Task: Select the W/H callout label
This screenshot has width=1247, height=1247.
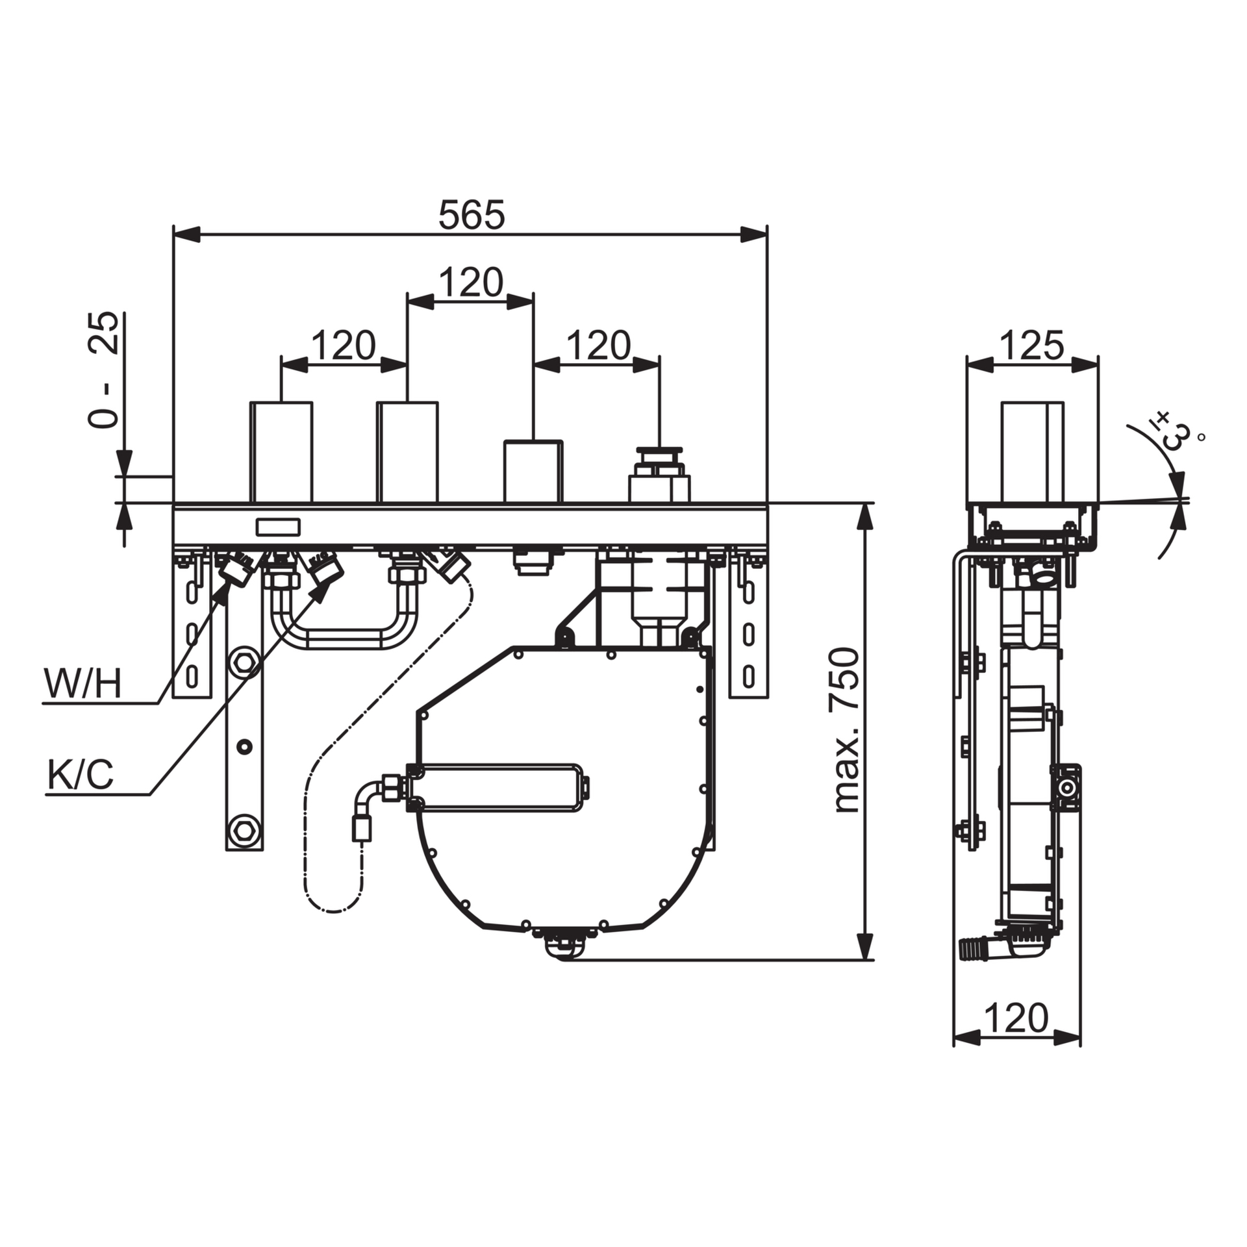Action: (82, 684)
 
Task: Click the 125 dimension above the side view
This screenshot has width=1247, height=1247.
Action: (1032, 345)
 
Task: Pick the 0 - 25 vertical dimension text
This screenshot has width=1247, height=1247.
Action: (104, 370)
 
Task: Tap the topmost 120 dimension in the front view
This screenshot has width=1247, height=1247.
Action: (471, 283)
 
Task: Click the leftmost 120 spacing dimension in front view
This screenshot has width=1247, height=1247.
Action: (344, 346)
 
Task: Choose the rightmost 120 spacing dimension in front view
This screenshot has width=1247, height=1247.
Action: (598, 346)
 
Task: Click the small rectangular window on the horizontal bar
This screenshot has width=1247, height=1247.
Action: (278, 527)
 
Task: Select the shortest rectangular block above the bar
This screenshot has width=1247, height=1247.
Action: (533, 472)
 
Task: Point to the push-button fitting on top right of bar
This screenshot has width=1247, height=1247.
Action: (659, 474)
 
